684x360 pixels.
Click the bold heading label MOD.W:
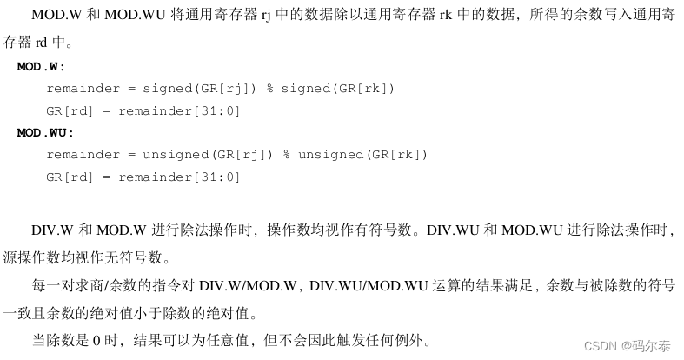click(41, 67)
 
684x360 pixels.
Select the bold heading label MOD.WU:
click(45, 133)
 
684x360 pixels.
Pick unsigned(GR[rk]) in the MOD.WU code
click(363, 155)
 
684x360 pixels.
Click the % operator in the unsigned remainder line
click(287, 155)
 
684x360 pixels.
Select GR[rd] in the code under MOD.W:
click(67, 110)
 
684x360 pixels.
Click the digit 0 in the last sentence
click(97, 339)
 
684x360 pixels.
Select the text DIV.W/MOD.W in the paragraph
click(249, 286)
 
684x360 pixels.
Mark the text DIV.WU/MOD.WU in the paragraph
click(366, 286)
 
